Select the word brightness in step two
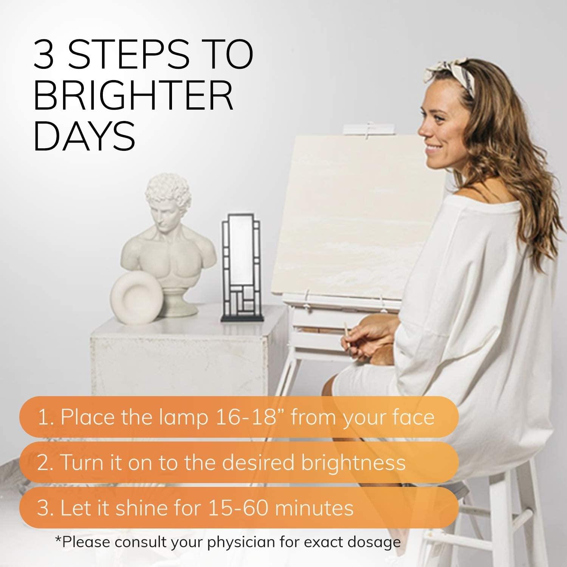point(353,462)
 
